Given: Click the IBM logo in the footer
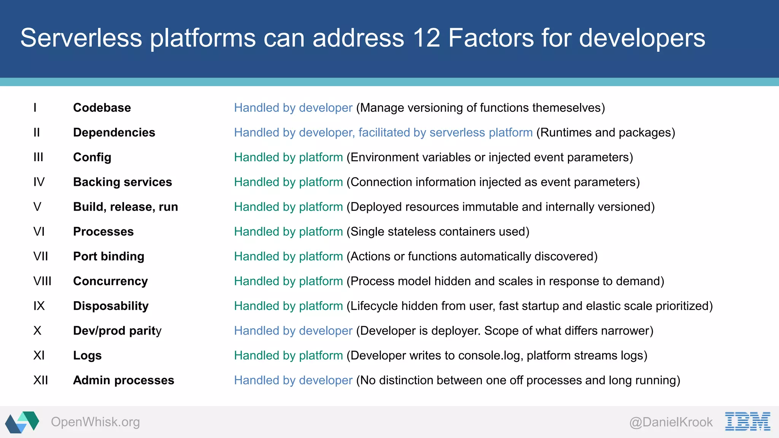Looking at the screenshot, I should point(747,421).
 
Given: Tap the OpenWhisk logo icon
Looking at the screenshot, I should point(22,422).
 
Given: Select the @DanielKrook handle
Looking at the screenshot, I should point(671,422).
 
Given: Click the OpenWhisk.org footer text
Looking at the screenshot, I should point(95,422).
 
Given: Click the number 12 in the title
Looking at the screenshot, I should point(427,38).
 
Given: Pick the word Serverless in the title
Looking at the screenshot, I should point(81,38).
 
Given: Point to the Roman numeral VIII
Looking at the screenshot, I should point(42,281).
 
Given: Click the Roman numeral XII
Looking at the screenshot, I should point(41,380).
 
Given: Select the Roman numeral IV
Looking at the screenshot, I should point(39,182).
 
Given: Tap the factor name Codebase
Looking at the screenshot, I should point(102,108).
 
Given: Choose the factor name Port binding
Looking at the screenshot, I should point(109,256).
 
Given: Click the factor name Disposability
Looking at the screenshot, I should point(111,306).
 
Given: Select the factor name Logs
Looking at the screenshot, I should point(87,355).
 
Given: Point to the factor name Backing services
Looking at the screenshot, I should point(122,182).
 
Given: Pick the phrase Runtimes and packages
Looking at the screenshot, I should point(606,132).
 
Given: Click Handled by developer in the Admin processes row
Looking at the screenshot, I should point(293,380).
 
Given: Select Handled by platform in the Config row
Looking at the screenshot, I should point(288,157).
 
